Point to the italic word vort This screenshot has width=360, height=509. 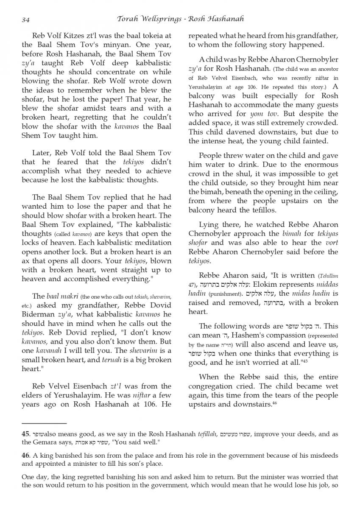pos(331,243)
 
